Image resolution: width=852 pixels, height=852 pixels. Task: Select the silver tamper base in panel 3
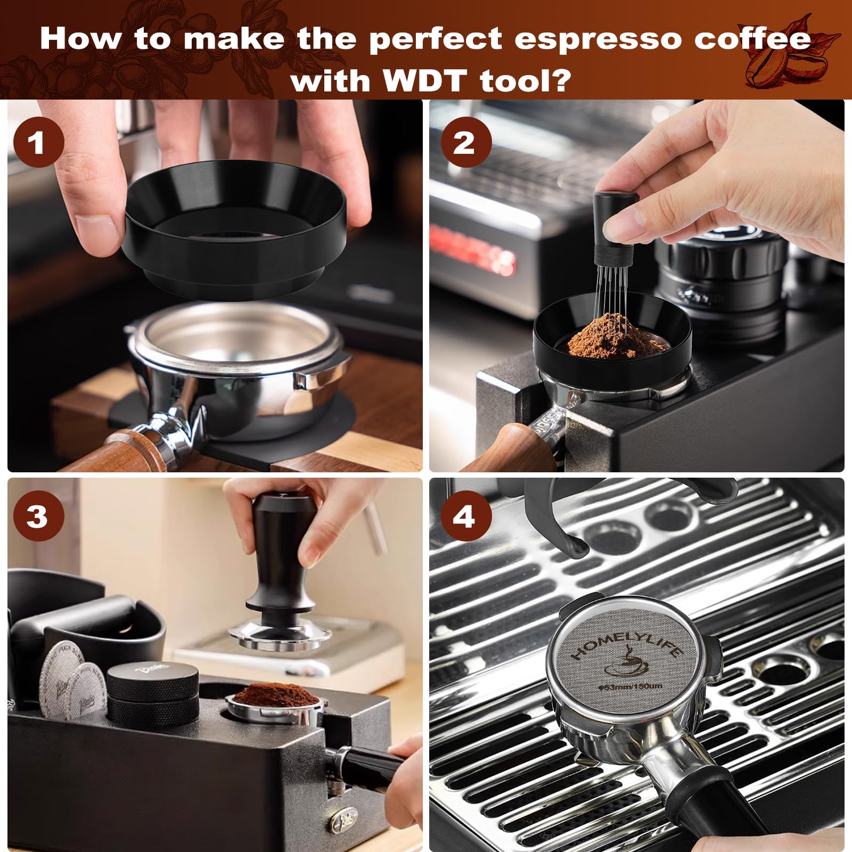(x=280, y=636)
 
